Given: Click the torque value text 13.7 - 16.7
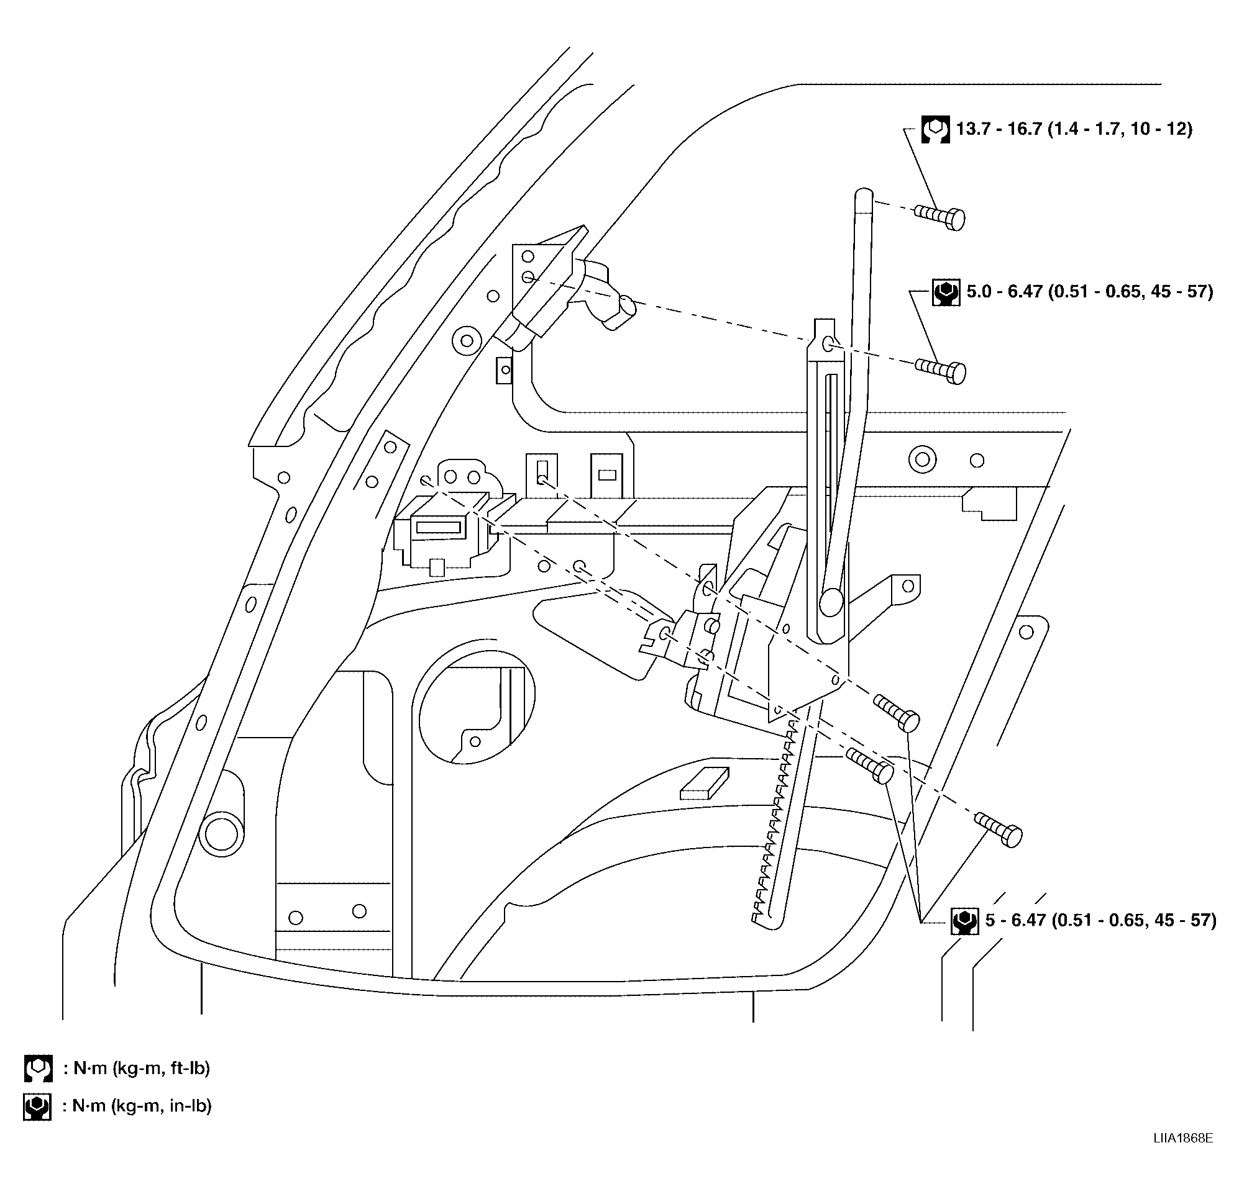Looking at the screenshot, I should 998,130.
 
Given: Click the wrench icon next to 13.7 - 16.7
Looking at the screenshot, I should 935,130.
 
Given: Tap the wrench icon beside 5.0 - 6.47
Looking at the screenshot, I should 946,292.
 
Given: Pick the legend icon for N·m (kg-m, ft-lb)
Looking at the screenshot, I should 38,1069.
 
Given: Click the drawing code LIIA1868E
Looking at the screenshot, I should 1182,1155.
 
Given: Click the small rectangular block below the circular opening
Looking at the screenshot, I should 704,784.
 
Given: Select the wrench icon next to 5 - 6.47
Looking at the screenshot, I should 964,921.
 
